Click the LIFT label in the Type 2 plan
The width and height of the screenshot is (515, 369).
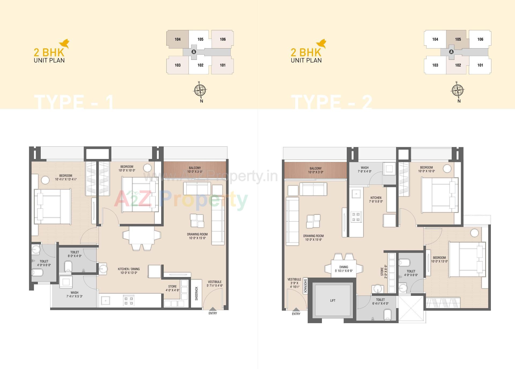333,301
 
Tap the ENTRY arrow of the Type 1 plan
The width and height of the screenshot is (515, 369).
212,309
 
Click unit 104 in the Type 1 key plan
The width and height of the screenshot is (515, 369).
178,39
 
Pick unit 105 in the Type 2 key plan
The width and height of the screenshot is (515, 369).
458,39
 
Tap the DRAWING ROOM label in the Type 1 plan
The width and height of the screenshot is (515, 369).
197,234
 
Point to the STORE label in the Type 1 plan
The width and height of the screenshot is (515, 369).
172,287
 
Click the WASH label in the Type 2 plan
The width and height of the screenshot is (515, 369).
365,168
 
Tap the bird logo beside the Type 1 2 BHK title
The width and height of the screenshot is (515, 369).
64,44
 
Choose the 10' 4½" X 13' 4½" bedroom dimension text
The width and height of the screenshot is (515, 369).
66,179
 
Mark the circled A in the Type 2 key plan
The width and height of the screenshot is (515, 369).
451,52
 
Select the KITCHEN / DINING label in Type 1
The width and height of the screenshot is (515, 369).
129,269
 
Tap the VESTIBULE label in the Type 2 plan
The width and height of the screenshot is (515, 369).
294,279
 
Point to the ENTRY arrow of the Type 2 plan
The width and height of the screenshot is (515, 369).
296,309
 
